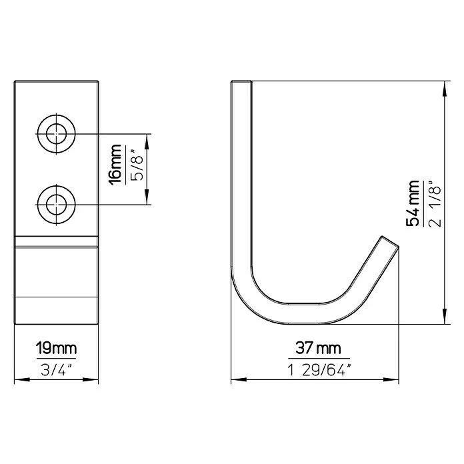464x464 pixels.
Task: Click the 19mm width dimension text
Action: (x=56, y=348)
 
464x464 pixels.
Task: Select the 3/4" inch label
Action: (x=56, y=369)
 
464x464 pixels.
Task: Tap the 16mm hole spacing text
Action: (x=115, y=165)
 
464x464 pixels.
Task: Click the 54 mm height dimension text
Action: (x=412, y=203)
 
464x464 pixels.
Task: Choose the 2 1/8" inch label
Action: (x=434, y=203)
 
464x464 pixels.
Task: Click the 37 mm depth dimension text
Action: (x=318, y=348)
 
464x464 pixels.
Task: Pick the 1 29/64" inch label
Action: (x=319, y=369)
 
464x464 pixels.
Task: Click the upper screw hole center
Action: (x=56, y=134)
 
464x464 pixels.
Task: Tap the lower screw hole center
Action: (x=56, y=205)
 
